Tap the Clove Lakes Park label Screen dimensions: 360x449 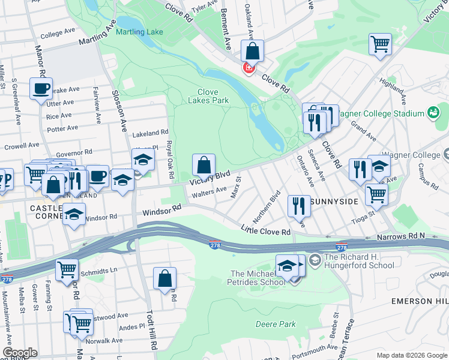tap(212, 96)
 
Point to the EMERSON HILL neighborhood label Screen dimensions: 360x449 tap(419, 301)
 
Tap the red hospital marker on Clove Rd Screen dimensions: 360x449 tap(248, 68)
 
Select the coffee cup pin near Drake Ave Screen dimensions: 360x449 tap(41, 89)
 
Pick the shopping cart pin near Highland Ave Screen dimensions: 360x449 tap(380, 44)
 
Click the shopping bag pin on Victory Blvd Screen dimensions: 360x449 tap(204, 165)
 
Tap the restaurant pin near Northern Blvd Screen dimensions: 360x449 tap(298, 206)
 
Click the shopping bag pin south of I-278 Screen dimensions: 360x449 tap(164, 278)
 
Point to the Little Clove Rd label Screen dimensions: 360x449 tap(265, 230)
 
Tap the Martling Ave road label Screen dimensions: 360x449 tap(97, 36)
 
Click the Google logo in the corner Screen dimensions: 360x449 tap(20, 353)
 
